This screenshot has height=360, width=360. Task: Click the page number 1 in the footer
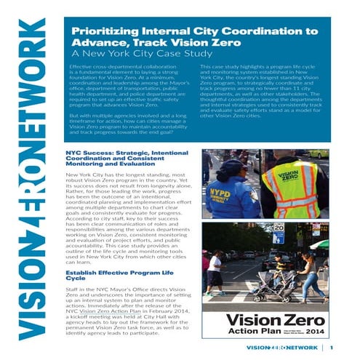coord(331,347)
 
